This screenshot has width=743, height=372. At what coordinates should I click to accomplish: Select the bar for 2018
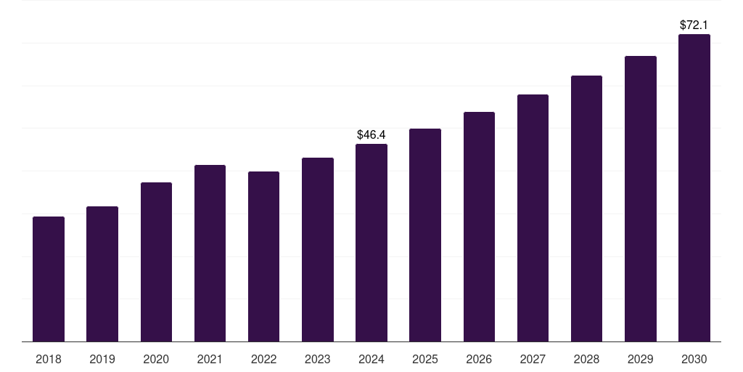point(49,279)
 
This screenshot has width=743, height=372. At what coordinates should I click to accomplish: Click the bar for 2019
point(102,274)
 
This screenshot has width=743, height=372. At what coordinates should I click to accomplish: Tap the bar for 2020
point(157,262)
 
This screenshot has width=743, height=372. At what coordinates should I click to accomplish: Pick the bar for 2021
point(210,254)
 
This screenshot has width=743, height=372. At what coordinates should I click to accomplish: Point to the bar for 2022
point(263,256)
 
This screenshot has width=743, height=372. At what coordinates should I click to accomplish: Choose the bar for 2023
point(318,250)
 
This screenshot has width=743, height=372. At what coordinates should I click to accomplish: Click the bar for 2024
point(371,243)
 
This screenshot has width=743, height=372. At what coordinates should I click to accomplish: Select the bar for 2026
point(479,227)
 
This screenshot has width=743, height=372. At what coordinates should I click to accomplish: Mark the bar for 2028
point(586,209)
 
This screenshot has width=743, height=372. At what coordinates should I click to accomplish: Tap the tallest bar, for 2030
point(694,188)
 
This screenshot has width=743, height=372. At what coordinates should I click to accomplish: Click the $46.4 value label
point(371,134)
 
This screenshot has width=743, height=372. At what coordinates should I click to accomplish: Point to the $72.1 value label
point(694,25)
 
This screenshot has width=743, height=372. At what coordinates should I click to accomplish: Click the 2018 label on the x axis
point(49,359)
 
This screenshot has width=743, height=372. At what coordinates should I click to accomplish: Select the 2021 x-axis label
point(210,359)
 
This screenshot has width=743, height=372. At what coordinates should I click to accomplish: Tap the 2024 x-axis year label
point(371,359)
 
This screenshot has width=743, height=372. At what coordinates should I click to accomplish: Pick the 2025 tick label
point(425,359)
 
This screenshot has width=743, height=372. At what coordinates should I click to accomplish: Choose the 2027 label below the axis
point(533,359)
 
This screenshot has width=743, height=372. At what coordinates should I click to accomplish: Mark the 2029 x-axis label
point(640,359)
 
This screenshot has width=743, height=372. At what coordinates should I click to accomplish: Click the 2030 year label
point(694,359)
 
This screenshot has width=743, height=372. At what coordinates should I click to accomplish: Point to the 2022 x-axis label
point(263,359)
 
